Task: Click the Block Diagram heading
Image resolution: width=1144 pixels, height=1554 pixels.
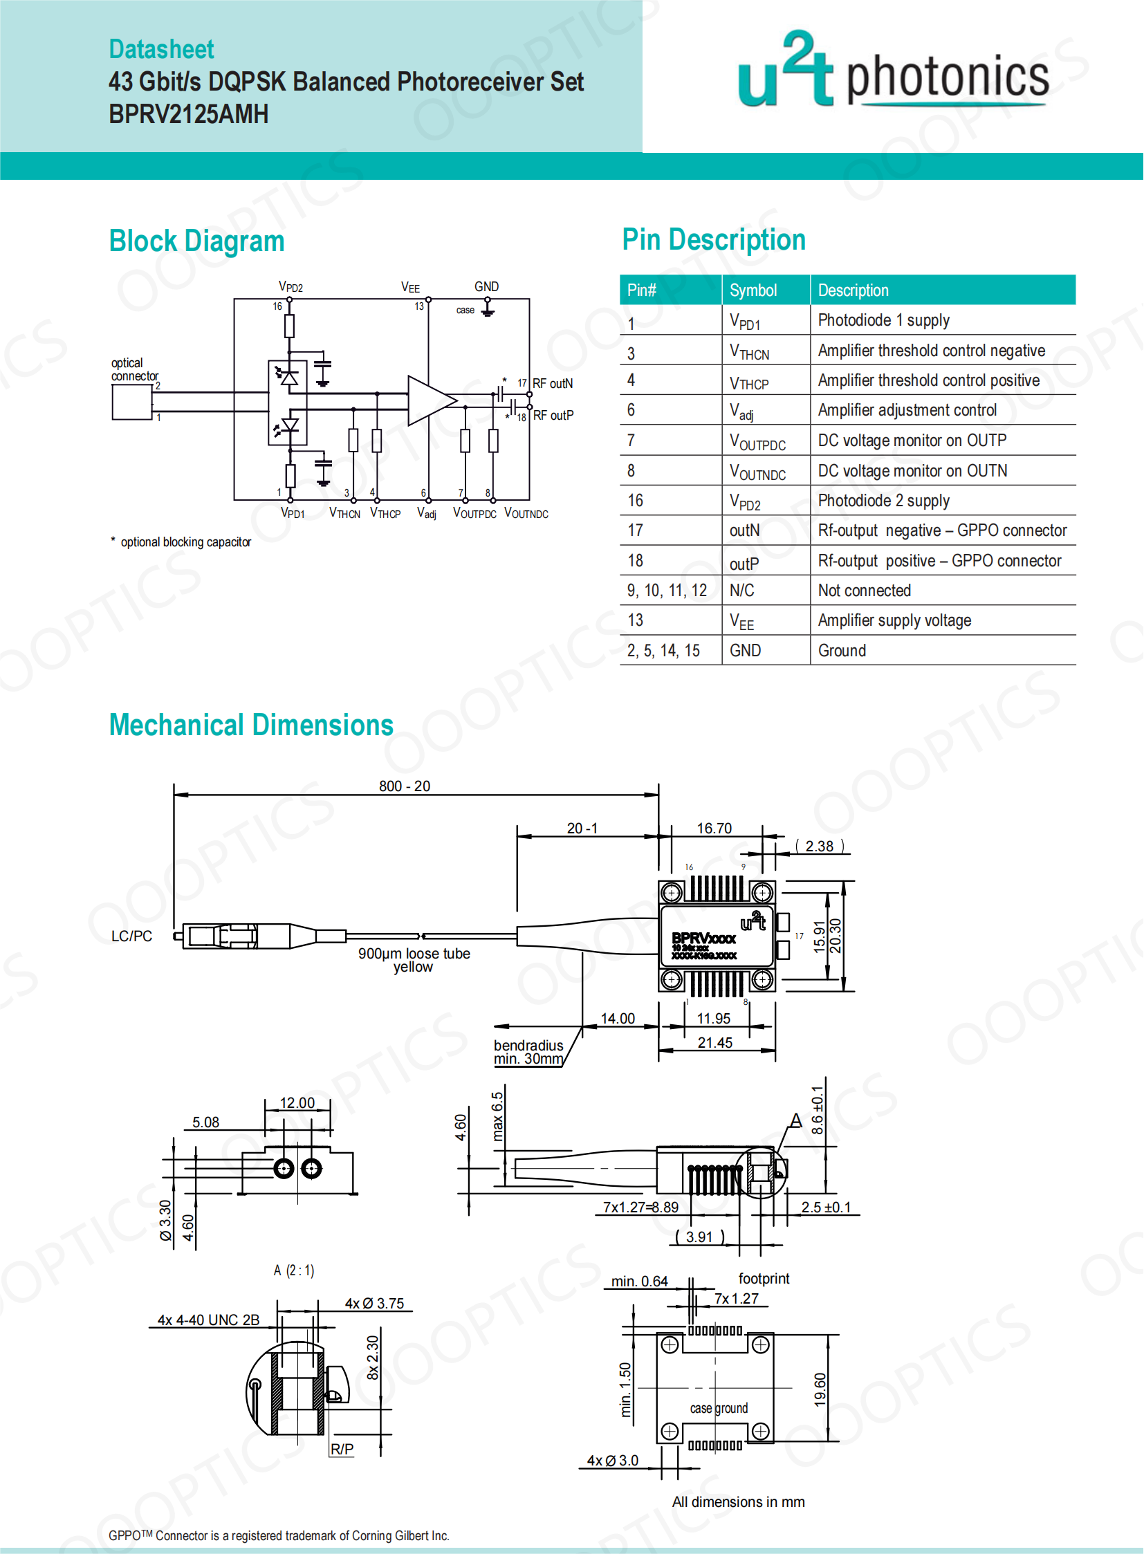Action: pyautogui.click(x=196, y=241)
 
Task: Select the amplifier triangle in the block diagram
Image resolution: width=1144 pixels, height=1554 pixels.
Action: pyautogui.click(x=430, y=400)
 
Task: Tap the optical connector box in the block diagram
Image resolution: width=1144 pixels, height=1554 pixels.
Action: pyautogui.click(x=131, y=402)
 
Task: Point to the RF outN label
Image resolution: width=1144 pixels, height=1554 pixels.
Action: pyautogui.click(x=553, y=384)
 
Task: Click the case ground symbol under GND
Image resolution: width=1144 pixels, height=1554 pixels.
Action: pyautogui.click(x=488, y=309)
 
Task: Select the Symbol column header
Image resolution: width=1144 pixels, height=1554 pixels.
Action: pyautogui.click(x=753, y=290)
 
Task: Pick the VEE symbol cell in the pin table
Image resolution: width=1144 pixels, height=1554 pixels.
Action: pyautogui.click(x=741, y=621)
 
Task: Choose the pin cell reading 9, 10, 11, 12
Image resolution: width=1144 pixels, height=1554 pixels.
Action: pyautogui.click(x=667, y=591)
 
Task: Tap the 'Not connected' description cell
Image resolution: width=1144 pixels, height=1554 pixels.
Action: pyautogui.click(x=865, y=591)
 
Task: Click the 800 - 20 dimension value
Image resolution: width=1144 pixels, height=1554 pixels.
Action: pyautogui.click(x=405, y=786)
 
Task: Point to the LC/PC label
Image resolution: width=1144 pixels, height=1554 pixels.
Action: pyautogui.click(x=131, y=936)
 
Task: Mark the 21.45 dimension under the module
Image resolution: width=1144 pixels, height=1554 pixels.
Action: pyautogui.click(x=714, y=1042)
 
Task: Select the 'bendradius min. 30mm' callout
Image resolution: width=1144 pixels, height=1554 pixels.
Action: pyautogui.click(x=528, y=1052)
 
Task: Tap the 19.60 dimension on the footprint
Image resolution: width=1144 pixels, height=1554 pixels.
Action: pyautogui.click(x=820, y=1389)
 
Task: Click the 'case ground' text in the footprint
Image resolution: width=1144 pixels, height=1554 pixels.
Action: pyautogui.click(x=719, y=1408)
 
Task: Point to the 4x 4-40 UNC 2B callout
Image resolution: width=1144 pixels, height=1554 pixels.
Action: pyautogui.click(x=208, y=1320)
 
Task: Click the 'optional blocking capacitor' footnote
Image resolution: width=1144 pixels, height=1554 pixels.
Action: pyautogui.click(x=185, y=542)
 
